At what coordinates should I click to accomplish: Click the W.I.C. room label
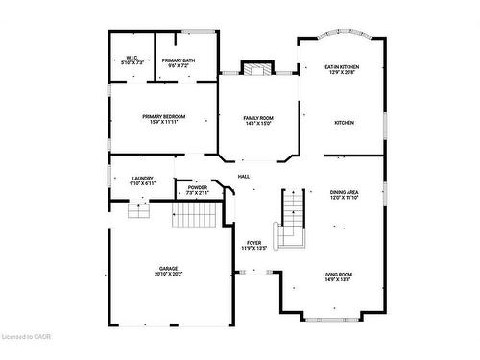tap(132, 58)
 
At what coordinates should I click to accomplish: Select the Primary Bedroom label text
tap(164, 116)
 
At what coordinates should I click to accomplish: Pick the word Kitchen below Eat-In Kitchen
tap(344, 123)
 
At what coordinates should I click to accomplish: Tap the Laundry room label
tap(143, 178)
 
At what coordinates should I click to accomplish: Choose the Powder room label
tap(197, 187)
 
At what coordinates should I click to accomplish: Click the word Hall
tap(244, 176)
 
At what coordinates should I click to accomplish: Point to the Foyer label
tap(254, 242)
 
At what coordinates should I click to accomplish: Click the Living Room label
tap(337, 275)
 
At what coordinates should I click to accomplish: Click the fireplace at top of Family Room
tap(256, 69)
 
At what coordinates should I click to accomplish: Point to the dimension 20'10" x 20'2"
tap(168, 275)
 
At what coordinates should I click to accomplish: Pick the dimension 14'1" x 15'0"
tap(257, 124)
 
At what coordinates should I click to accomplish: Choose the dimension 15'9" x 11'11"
tap(164, 123)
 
